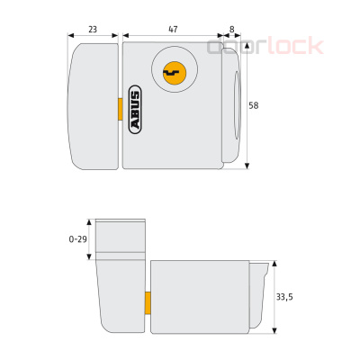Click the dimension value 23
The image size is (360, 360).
coord(94,29)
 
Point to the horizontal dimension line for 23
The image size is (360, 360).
coord(94,39)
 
